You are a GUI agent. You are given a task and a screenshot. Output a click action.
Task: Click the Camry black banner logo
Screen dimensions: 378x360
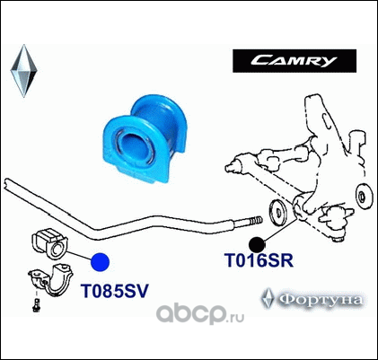tap(294, 61)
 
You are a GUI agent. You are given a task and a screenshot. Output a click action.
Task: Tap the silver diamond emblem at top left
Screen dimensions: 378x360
tap(23, 71)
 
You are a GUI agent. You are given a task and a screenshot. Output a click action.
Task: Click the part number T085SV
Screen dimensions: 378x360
tap(115, 291)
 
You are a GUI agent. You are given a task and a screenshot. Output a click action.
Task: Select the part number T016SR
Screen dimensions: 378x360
tap(259, 260)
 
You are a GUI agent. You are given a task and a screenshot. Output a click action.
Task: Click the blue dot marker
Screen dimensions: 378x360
tap(100, 262)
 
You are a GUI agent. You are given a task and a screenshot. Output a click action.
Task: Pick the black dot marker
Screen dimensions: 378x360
tap(257, 245)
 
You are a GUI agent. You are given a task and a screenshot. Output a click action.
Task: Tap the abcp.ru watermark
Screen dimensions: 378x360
tap(200, 313)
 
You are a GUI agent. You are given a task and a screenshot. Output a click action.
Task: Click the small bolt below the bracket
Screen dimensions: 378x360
tap(37, 305)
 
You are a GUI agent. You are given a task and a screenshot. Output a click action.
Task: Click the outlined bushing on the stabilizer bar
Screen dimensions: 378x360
tap(50, 244)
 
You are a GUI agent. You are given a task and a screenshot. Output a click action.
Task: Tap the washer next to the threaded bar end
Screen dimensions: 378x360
tap(278, 213)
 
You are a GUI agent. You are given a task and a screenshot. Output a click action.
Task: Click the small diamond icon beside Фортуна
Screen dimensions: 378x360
tap(268, 298)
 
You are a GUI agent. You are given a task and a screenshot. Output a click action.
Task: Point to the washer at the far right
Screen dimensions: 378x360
tap(365, 197)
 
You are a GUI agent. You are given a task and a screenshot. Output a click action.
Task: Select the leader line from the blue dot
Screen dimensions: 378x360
tap(78, 255)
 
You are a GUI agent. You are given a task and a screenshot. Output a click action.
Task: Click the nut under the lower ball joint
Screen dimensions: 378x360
tap(338, 239)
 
